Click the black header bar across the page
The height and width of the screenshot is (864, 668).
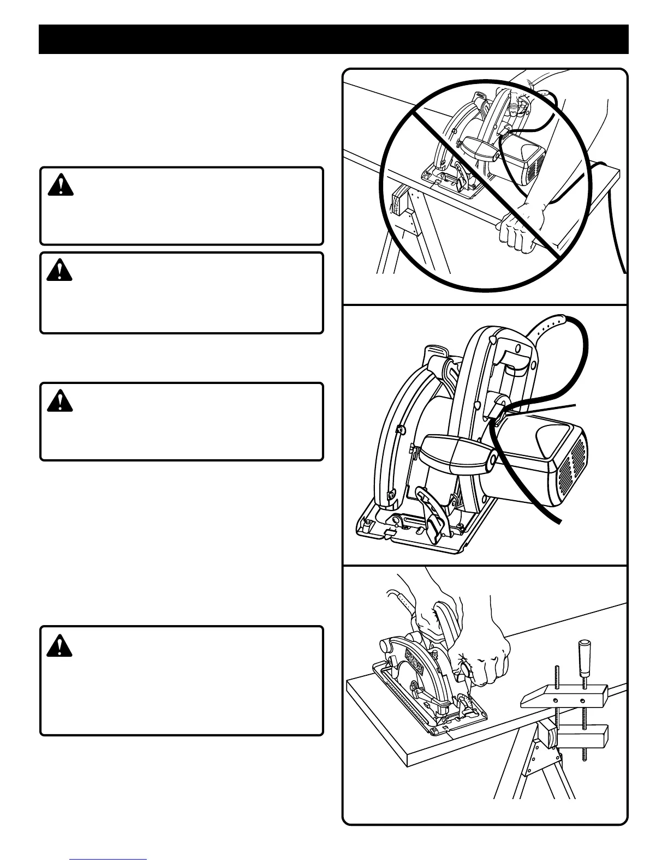[333, 39]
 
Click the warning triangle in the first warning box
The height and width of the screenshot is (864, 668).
[61, 185]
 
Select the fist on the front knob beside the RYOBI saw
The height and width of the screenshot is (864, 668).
[489, 662]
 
